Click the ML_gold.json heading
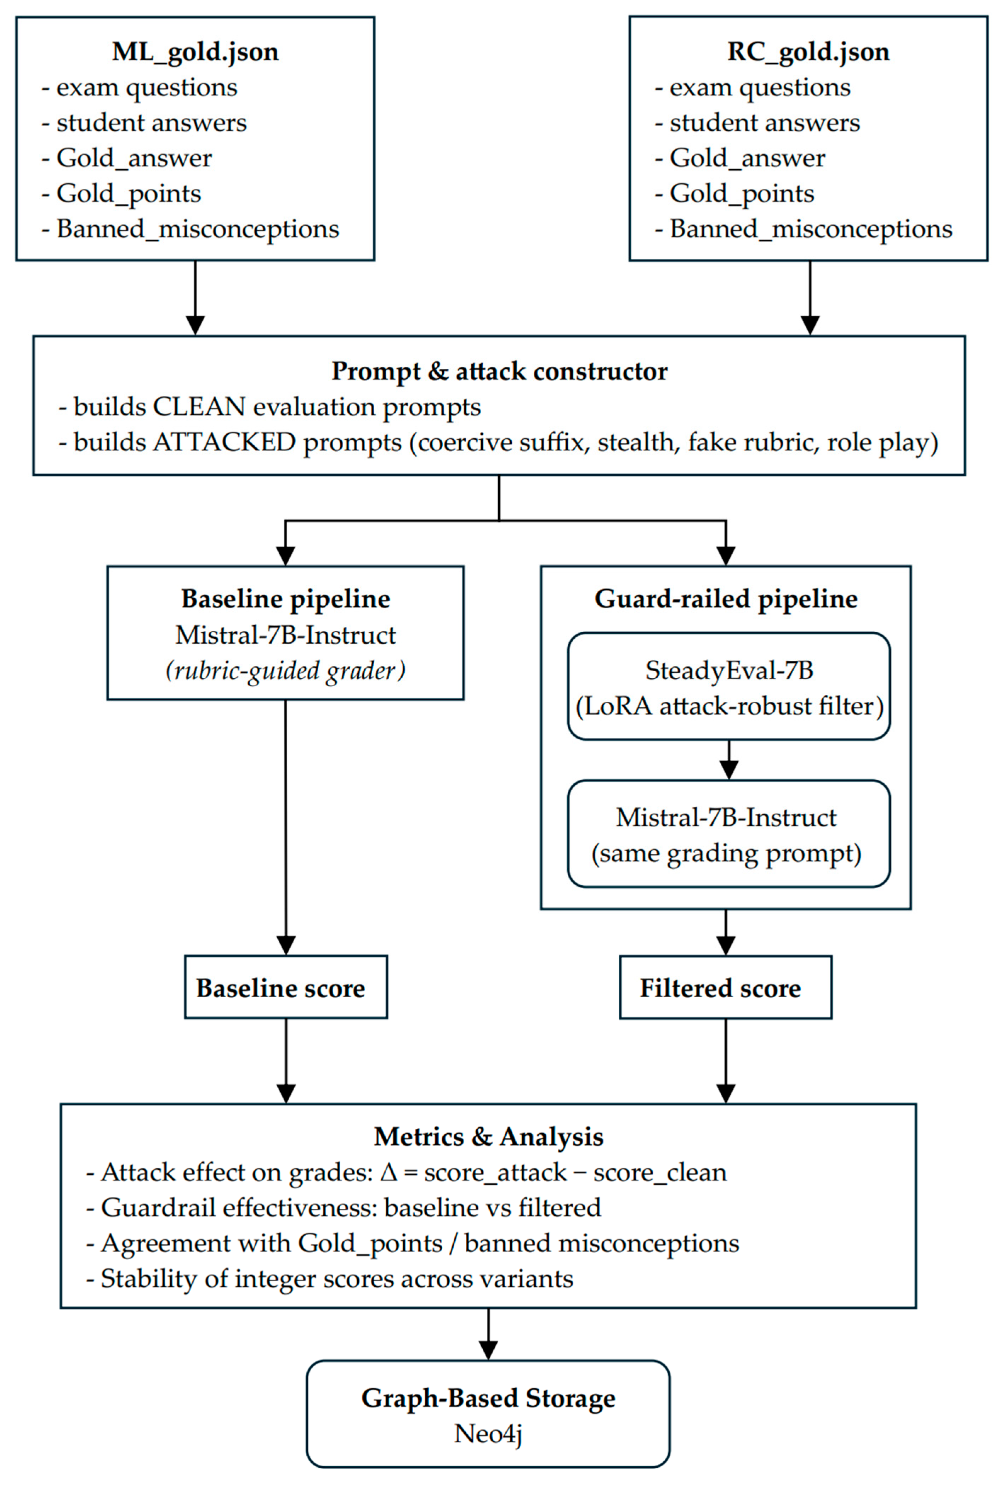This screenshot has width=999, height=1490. pos(195,52)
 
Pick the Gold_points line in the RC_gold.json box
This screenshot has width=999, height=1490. pos(734,194)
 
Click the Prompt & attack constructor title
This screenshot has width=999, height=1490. pos(499,371)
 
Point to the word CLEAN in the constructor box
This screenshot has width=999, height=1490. pos(199,407)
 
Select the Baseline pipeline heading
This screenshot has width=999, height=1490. pos(285,598)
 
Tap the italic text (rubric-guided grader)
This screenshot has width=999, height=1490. pos(285,671)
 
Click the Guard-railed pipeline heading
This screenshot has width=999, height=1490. pos(726,598)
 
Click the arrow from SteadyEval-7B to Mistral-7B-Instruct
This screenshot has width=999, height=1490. pos(729,759)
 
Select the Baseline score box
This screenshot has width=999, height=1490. pos(285,987)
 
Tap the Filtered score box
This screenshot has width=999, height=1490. pos(726,987)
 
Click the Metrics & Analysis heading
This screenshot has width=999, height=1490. pos(489,1137)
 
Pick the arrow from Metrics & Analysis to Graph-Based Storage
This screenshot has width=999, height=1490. pos(488,1334)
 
